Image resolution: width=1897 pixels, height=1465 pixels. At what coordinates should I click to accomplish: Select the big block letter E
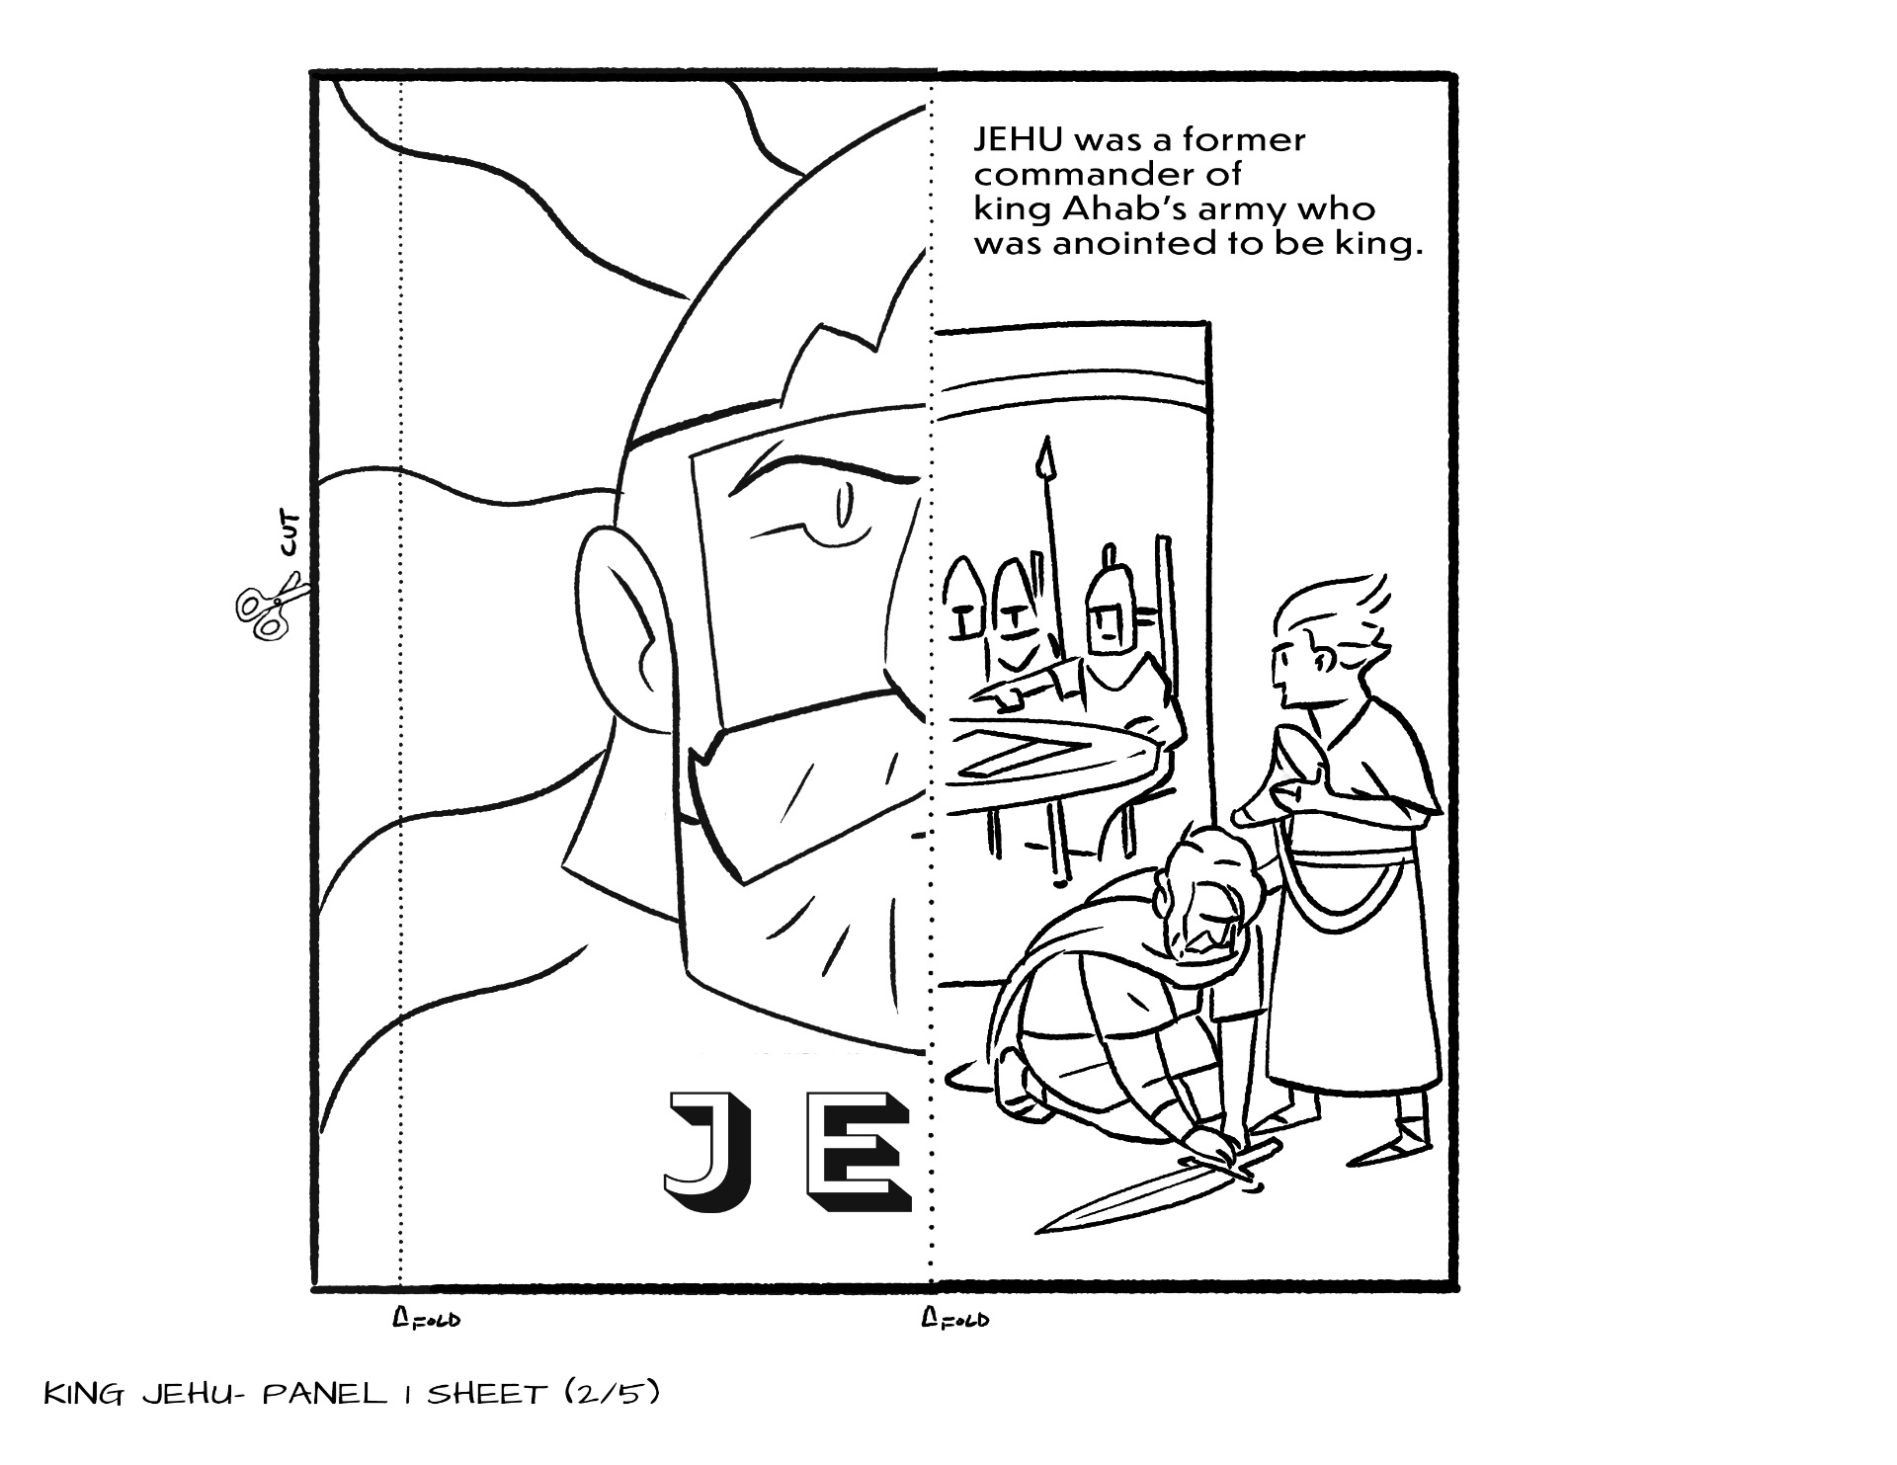[x=859, y=1152]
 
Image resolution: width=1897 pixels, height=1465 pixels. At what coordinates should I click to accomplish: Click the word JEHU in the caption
[x=1017, y=139]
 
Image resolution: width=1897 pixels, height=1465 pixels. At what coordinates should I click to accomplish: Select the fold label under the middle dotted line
[x=954, y=1319]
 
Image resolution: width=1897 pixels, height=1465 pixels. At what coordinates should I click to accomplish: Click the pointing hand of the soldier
[x=997, y=697]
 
